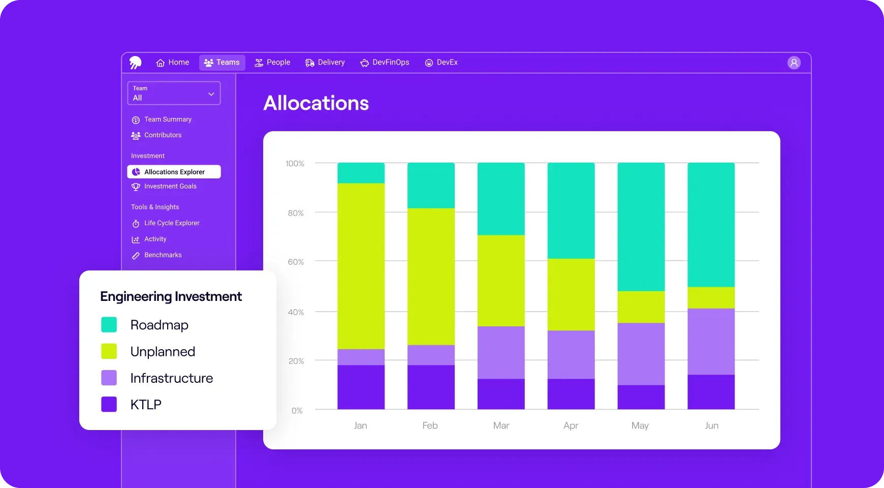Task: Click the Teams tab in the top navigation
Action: click(x=222, y=63)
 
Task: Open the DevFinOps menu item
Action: click(x=385, y=63)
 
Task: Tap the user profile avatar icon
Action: click(x=794, y=63)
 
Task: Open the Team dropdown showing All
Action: click(x=174, y=94)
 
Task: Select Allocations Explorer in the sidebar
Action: click(x=174, y=172)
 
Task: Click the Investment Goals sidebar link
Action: click(x=170, y=187)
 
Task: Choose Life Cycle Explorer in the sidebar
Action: click(x=171, y=223)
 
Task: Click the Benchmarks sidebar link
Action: click(x=163, y=255)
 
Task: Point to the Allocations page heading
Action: click(x=316, y=103)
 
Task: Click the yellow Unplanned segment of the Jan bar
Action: click(x=361, y=266)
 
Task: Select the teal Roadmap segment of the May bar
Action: click(x=641, y=227)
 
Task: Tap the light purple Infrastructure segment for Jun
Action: click(x=711, y=342)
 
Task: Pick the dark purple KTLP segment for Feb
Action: click(x=431, y=387)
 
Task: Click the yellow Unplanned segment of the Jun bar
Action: click(x=711, y=298)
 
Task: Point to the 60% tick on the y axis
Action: click(x=296, y=262)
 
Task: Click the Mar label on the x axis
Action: click(x=501, y=425)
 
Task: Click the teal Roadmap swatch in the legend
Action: click(x=109, y=325)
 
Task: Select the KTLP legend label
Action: click(x=146, y=405)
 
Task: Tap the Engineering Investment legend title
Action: click(x=171, y=296)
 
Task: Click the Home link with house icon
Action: click(x=173, y=63)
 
